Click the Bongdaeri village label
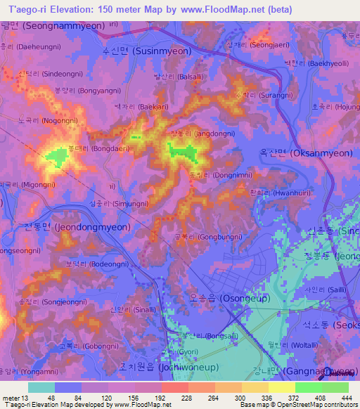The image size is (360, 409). [91, 149]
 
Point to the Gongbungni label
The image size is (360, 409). [203, 238]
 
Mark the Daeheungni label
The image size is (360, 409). [39, 48]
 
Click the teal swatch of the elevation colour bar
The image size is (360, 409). [41, 387]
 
